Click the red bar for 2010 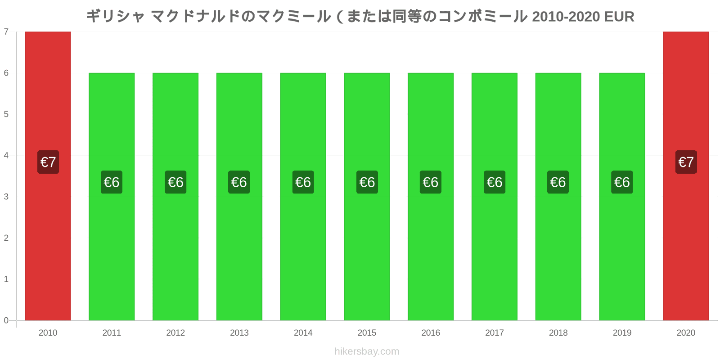tap(48, 176)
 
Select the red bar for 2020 tap(686, 176)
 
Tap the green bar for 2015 tap(367, 197)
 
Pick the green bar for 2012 tap(175, 197)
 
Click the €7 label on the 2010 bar tap(48, 162)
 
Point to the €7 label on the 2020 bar tap(686, 162)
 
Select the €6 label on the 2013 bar tap(239, 182)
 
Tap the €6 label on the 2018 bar tap(558, 182)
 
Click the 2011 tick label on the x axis tap(112, 333)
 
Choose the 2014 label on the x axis tap(303, 333)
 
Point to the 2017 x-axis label tap(495, 333)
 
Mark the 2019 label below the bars tap(622, 333)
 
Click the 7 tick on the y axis tap(6, 31)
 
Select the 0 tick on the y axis tap(6, 320)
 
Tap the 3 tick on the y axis tap(6, 197)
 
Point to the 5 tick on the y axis tap(6, 114)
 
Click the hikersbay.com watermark tap(367, 351)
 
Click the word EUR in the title tap(619, 17)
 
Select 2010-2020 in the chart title tap(566, 17)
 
